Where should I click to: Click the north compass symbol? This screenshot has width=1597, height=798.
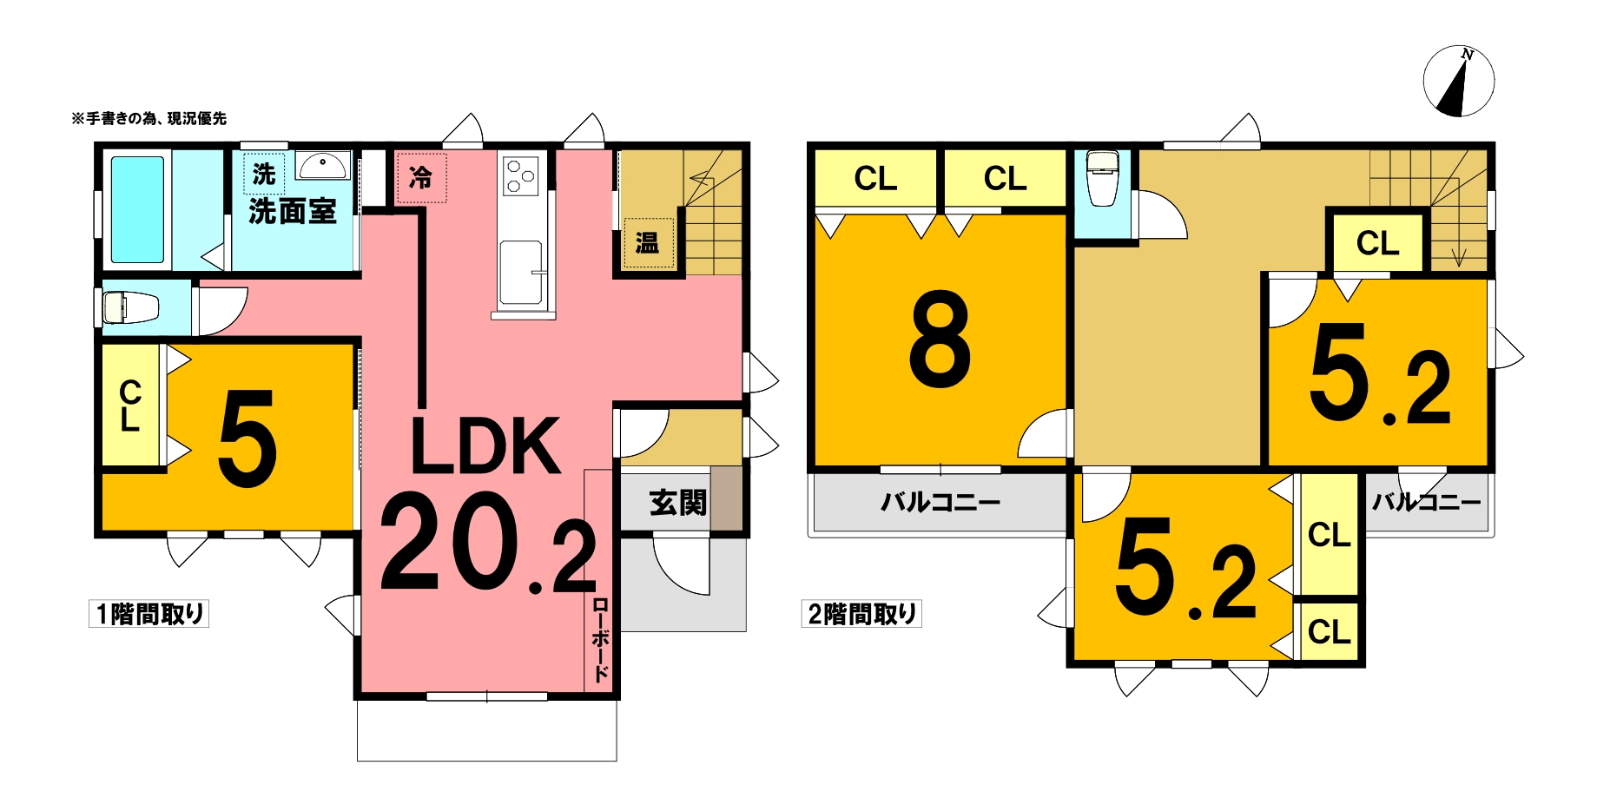click(x=1458, y=81)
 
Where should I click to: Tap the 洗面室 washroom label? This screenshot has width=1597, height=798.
click(x=292, y=211)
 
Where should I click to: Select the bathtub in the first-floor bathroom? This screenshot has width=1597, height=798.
click(x=137, y=209)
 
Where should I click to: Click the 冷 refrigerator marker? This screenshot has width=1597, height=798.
click(x=421, y=178)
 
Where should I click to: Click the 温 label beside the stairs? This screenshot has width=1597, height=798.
click(x=648, y=242)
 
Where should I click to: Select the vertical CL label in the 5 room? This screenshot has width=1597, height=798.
click(x=130, y=405)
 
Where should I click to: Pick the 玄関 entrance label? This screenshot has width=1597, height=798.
click(x=678, y=502)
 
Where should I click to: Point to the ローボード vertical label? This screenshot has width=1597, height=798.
click(x=601, y=640)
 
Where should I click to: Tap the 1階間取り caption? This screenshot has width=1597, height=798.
click(x=149, y=614)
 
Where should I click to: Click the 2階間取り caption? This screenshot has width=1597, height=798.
click(x=861, y=614)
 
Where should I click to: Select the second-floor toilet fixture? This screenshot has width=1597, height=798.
click(x=1103, y=178)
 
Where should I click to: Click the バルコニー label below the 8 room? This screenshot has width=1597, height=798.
click(x=940, y=502)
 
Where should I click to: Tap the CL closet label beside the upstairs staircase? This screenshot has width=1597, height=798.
click(x=1378, y=243)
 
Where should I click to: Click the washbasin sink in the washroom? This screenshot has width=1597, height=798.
click(x=323, y=164)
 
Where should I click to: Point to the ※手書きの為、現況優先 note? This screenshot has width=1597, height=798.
click(x=148, y=118)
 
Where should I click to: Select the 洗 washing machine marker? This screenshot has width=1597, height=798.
click(x=264, y=175)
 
